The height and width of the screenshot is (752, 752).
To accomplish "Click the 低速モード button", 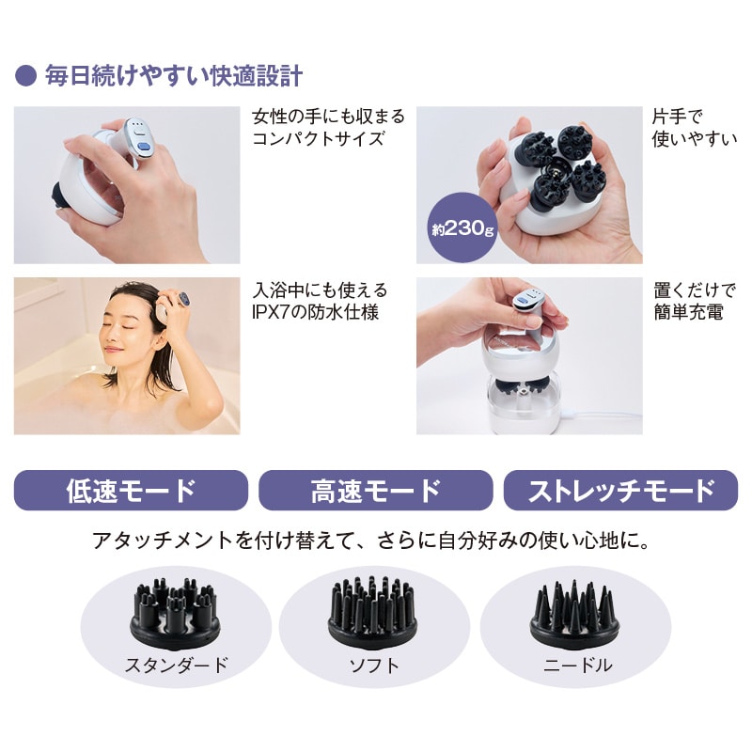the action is pos(131,490).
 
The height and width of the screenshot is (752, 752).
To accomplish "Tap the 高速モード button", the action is pos(375,490).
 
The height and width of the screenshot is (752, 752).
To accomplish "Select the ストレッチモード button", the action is pos(620,490).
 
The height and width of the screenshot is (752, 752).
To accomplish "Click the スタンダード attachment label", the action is pos(176,666).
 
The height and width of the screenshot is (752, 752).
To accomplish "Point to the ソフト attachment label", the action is pos(374,666).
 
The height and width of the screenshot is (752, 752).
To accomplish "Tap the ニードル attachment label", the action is pos(577,666).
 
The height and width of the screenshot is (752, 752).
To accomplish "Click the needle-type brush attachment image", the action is pos(575,614).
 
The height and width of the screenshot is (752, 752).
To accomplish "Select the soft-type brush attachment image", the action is pos(372,612).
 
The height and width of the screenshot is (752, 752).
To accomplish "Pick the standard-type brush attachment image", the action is pos(175,613).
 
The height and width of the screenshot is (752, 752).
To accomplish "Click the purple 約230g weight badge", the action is pos(462,227).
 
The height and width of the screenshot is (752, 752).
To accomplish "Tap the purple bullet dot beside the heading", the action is pos(26,76).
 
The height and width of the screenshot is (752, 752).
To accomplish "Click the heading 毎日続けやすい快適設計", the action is pos(174,76).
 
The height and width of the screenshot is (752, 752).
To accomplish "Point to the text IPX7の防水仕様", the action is pos(316,312).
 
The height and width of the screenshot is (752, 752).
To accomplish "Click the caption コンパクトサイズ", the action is pos(318,138).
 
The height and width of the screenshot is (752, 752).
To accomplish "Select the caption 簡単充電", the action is pos(688,312).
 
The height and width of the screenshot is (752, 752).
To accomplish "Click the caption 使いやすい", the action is pos(695,138).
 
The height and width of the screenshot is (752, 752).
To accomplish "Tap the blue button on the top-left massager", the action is pos(144,149).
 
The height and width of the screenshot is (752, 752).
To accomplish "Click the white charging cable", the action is pos(601,415).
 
